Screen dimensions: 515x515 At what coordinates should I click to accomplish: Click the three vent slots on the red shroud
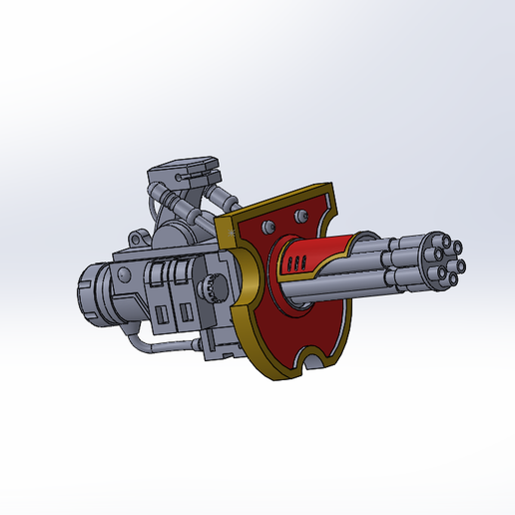click(x=292, y=264)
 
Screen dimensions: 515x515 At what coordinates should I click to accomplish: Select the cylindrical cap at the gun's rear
click(x=94, y=294)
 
